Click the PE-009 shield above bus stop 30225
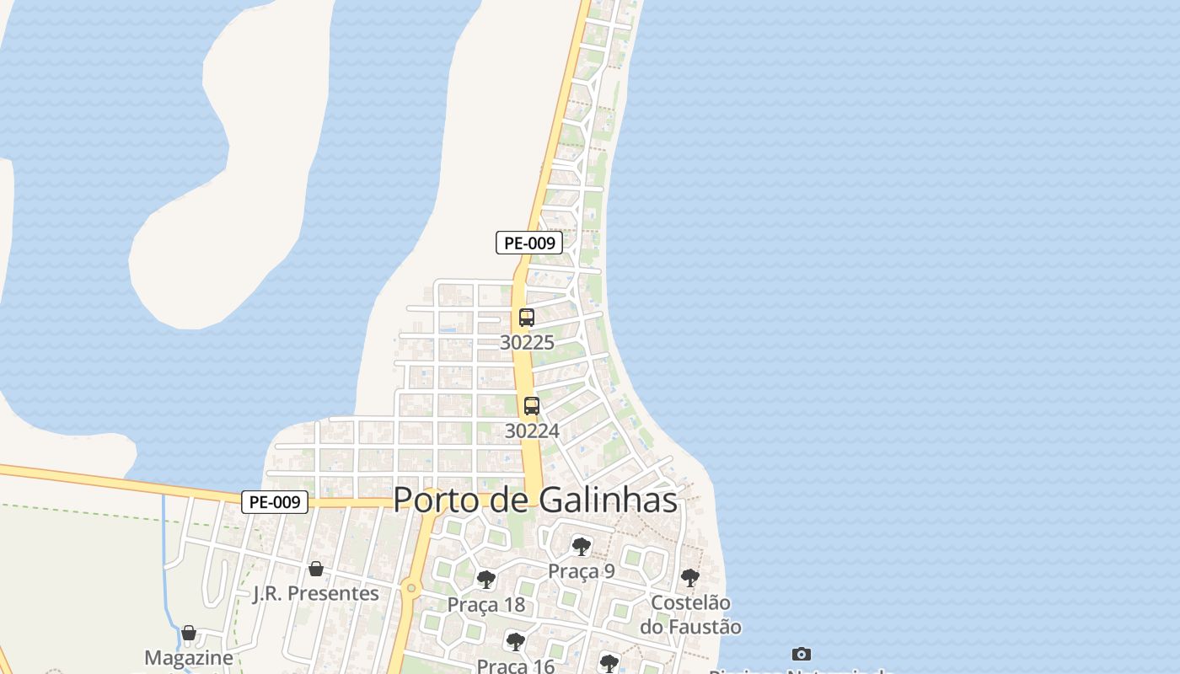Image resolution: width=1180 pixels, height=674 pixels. click(x=528, y=243)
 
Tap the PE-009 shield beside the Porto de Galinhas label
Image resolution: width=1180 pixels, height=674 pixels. click(x=275, y=502)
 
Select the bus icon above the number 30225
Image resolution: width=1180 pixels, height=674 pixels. click(x=527, y=318)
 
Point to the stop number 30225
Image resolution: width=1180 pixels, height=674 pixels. click(x=527, y=342)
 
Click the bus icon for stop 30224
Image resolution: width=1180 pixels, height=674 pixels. click(x=532, y=406)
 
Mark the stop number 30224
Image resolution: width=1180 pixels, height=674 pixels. click(x=532, y=431)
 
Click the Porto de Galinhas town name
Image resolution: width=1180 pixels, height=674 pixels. click(x=535, y=500)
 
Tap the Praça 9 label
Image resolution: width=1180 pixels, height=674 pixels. click(x=582, y=571)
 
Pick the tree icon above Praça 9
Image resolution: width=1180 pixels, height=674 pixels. click(x=581, y=546)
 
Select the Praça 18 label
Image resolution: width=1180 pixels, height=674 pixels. click(x=485, y=605)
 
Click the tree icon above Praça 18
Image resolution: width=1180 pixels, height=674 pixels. click(x=485, y=580)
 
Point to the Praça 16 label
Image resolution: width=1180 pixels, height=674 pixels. click(x=515, y=666)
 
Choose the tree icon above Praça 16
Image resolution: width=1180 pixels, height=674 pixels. click(x=515, y=642)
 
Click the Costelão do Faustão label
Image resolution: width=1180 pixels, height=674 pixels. click(x=690, y=614)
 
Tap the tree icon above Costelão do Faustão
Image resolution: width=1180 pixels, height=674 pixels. click(x=690, y=578)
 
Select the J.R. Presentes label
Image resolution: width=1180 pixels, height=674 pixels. click(x=316, y=593)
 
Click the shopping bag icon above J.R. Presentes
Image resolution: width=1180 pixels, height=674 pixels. click(x=316, y=569)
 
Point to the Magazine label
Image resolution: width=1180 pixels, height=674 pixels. click(x=189, y=657)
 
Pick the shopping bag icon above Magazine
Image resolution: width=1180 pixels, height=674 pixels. click(x=189, y=633)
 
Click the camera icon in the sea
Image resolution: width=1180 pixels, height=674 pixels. click(x=802, y=654)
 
